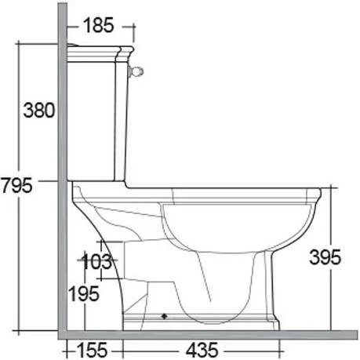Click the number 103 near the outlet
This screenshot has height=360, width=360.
pyautogui.click(x=97, y=262)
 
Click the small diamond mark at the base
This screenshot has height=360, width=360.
pyautogui.click(x=164, y=316)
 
